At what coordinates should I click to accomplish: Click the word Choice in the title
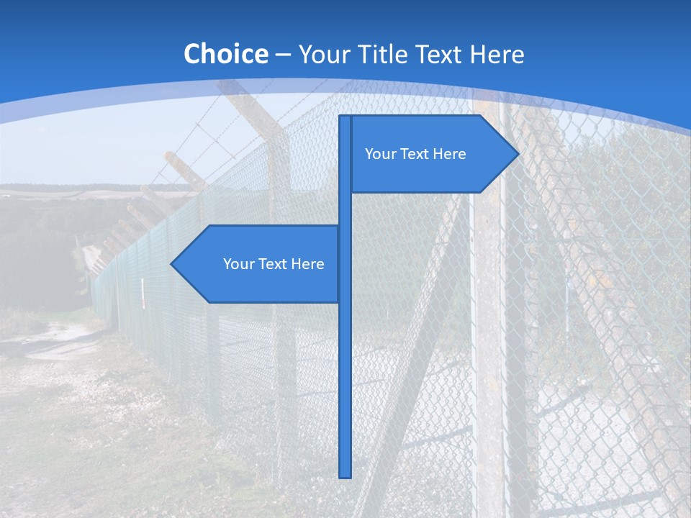(x=225, y=54)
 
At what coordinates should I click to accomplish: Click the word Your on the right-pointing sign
(x=380, y=154)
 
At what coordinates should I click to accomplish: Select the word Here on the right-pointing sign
(x=449, y=154)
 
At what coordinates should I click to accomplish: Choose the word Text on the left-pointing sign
(x=274, y=264)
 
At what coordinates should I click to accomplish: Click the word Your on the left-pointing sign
(x=238, y=264)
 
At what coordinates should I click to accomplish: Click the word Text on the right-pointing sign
(x=415, y=154)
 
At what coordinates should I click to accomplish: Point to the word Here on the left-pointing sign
(x=307, y=264)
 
